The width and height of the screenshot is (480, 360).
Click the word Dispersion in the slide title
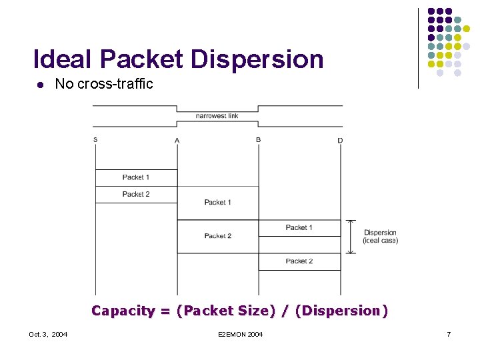[257, 59]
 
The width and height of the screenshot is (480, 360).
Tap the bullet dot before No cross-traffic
[40, 85]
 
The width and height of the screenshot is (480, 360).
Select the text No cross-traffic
[104, 84]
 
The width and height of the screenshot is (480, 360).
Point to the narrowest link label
[217, 116]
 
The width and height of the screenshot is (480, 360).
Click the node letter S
[95, 139]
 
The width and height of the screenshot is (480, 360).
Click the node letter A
[177, 140]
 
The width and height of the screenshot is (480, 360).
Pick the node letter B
[258, 139]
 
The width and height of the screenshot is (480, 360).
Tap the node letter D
[340, 140]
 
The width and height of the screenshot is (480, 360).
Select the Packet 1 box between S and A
[136, 177]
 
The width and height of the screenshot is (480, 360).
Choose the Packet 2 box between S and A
[136, 194]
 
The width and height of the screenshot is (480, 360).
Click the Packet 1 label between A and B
[217, 202]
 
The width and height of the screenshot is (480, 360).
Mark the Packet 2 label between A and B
[217, 236]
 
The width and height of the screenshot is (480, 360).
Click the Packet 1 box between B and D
[299, 228]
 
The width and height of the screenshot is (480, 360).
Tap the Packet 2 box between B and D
[299, 261]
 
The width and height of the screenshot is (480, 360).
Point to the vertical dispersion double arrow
[351, 237]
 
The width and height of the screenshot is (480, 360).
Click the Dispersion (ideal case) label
[380, 237]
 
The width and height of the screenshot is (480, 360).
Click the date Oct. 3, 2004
[48, 334]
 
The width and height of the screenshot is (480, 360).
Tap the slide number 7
[449, 334]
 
